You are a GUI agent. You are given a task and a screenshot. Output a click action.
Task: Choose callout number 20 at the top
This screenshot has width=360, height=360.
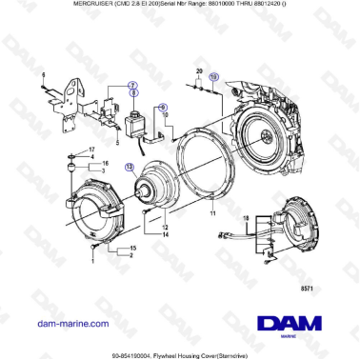(x=199, y=71)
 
